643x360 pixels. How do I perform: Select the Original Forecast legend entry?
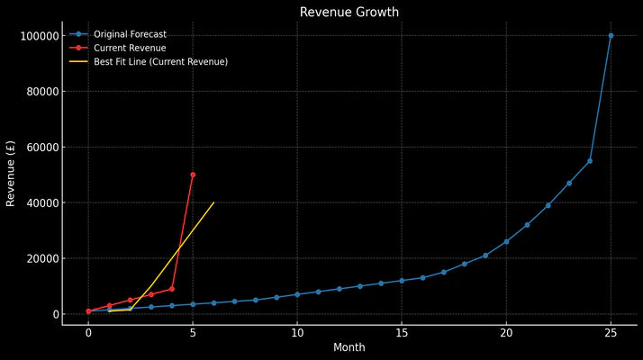coord(130,34)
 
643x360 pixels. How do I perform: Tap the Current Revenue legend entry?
coord(130,48)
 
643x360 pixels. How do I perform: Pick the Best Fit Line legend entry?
coord(160,61)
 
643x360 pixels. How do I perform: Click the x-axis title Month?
coord(349,347)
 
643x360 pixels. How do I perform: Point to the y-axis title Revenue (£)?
coord(12,174)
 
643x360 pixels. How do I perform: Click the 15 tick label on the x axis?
coord(402,332)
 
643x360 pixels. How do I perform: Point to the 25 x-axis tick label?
coord(611,332)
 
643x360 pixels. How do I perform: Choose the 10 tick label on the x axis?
coord(297,332)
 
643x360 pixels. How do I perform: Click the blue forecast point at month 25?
coord(611,36)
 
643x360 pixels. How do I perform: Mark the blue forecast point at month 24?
coord(590,161)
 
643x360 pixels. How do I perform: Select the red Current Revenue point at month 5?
coord(193,175)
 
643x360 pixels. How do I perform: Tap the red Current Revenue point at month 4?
coord(172,289)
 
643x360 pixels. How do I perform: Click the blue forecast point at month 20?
coord(506,241)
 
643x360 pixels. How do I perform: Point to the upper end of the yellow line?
coord(213,202)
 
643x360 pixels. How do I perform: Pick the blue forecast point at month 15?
coord(402,281)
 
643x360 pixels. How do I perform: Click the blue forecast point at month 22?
coord(548,205)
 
